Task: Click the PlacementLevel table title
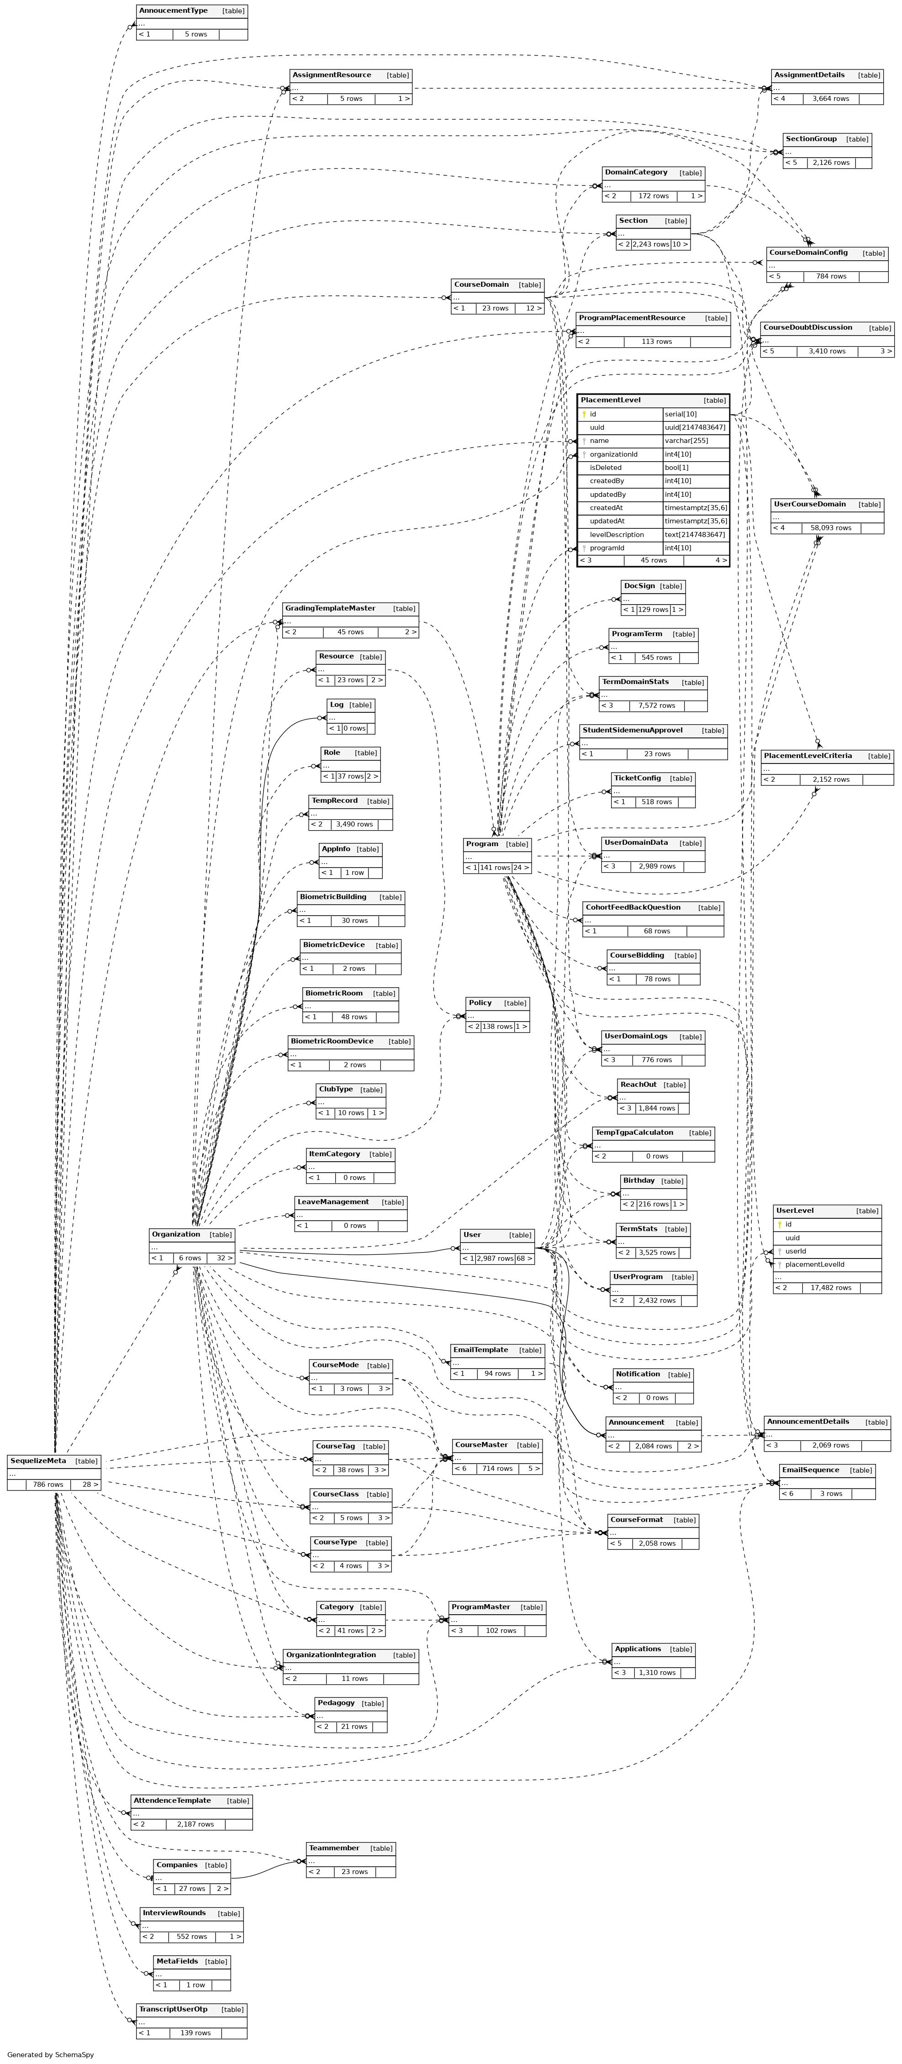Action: point(611,400)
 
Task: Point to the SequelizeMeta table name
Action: point(38,1461)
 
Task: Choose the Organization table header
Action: point(175,1234)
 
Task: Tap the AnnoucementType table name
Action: point(173,11)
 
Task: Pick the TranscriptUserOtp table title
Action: point(173,2009)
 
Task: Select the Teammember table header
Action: point(334,1848)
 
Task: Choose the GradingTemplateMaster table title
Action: point(330,608)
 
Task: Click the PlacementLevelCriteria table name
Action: point(807,756)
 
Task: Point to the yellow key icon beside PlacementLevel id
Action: point(585,414)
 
